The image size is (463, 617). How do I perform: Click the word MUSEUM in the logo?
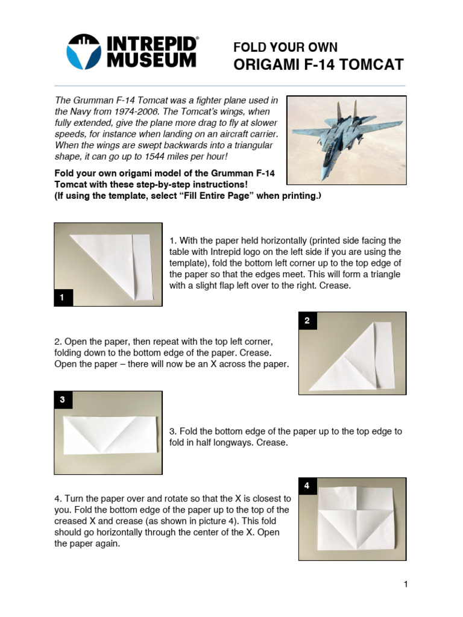[153, 60]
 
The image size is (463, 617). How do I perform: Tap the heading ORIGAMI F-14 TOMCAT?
[318, 64]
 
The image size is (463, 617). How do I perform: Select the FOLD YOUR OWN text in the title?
[285, 47]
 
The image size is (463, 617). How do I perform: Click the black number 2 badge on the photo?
[307, 321]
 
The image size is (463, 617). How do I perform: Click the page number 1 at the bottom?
[406, 584]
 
